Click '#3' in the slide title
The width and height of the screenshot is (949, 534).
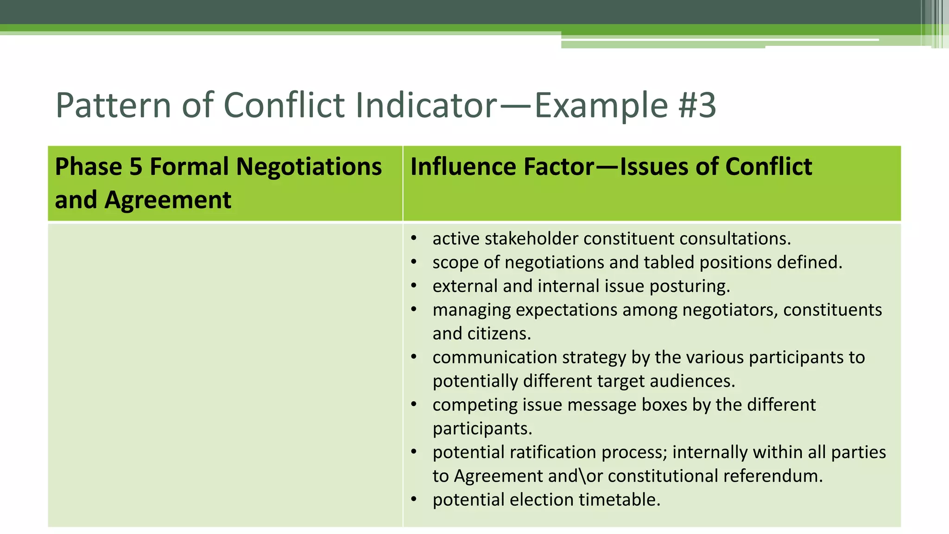[x=697, y=105]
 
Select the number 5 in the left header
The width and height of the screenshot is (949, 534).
[x=136, y=166]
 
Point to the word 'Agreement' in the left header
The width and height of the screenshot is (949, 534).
[x=168, y=200]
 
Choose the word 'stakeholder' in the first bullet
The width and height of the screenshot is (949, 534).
[x=531, y=239]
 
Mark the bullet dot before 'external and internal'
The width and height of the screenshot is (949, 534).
[x=414, y=286]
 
